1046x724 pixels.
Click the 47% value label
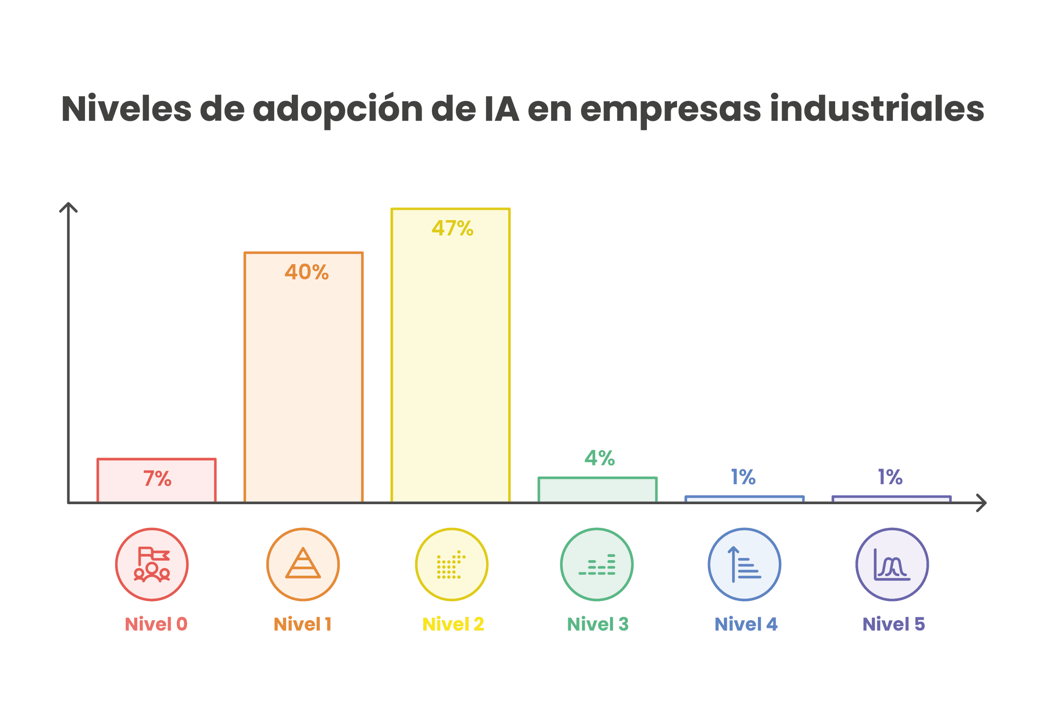(452, 228)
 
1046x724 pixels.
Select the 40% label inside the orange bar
(306, 272)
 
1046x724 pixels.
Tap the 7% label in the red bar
(157, 478)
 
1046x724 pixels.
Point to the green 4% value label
(600, 458)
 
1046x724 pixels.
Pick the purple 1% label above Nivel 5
(890, 477)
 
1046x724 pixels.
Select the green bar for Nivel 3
(597, 490)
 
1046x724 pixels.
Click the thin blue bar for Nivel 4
(744, 499)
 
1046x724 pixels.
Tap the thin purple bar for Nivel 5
(891, 499)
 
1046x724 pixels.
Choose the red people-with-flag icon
(152, 565)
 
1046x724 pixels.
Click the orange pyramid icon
(303, 565)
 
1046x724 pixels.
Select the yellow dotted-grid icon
(451, 565)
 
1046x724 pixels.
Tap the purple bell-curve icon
(892, 565)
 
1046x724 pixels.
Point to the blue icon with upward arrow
(744, 565)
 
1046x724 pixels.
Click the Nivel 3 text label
(598, 624)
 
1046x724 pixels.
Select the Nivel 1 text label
(302, 624)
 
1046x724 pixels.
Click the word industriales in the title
(877, 109)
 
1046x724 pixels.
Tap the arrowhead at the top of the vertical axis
(69, 206)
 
